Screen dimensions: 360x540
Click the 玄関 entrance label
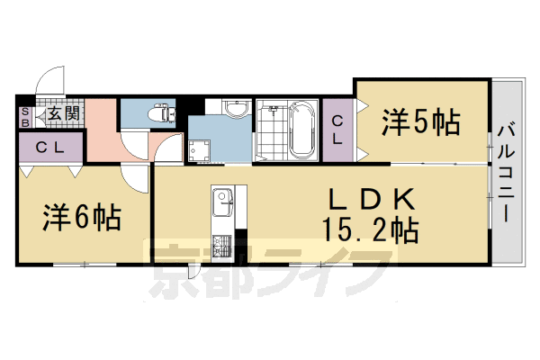[x=62, y=113]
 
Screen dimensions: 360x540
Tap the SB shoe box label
[x=24, y=115]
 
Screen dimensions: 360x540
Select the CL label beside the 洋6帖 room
[x=49, y=148]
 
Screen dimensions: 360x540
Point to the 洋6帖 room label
[x=84, y=216]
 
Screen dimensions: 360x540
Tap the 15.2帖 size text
[x=369, y=231]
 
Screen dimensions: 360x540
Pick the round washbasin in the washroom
[x=237, y=110]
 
